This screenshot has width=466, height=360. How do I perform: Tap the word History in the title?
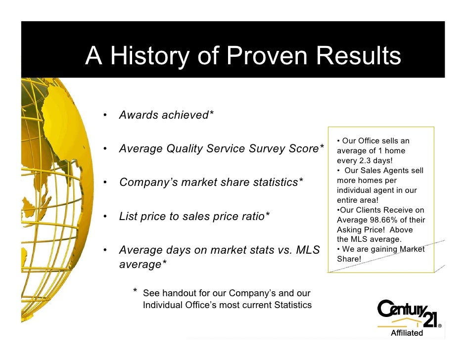pyautogui.click(x=149, y=56)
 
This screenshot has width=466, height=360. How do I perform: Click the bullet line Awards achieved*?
pyautogui.click(x=166, y=115)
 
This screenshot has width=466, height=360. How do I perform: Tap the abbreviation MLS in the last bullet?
pyautogui.click(x=308, y=250)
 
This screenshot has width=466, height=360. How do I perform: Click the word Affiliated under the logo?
pyautogui.click(x=407, y=333)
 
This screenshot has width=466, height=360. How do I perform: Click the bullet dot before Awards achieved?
pyautogui.click(x=105, y=116)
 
